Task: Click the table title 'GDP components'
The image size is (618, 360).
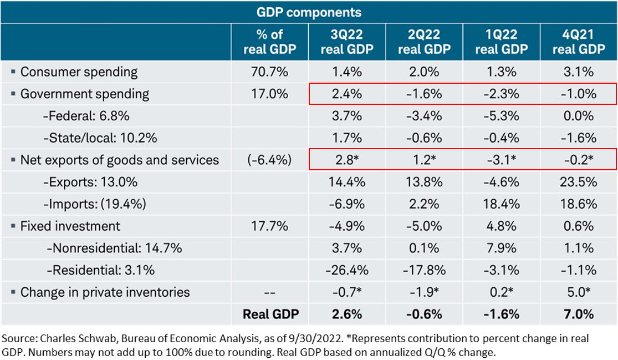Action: coord(309,12)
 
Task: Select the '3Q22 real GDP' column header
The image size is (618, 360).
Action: coord(346,42)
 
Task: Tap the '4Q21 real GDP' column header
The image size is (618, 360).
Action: coord(579,42)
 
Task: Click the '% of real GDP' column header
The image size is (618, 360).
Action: coord(269,42)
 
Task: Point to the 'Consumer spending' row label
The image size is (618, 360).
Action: coord(79,72)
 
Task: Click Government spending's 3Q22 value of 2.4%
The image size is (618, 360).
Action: coord(346,94)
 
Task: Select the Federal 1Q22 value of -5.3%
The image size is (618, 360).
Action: coord(502,116)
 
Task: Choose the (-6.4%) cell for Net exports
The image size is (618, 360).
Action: coord(269,160)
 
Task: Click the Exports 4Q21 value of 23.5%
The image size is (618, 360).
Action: coord(579,182)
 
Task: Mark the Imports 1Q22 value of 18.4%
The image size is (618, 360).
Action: coord(502,204)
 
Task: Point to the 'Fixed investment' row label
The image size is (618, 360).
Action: coord(70,226)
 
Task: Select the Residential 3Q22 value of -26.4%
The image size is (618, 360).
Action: coord(346,270)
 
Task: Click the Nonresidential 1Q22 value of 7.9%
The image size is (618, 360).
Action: coord(502,249)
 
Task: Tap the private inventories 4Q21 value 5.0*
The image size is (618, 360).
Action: coord(579,292)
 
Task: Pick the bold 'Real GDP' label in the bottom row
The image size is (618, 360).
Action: coord(270,315)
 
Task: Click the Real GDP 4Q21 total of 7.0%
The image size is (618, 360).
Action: coord(579,315)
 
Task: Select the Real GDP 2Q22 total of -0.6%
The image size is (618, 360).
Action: coord(424,315)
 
